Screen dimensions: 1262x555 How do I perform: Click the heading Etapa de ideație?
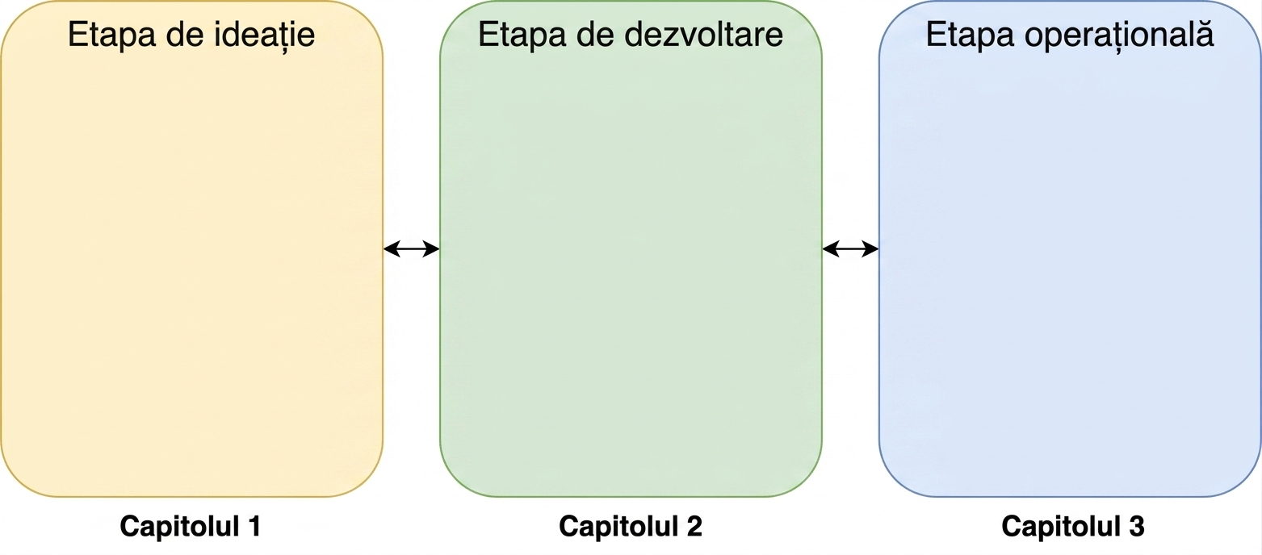click(x=191, y=35)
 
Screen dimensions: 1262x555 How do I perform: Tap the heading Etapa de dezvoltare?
click(x=631, y=35)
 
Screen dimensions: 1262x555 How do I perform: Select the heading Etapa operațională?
click(x=1070, y=35)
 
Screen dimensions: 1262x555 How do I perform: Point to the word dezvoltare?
click(x=704, y=35)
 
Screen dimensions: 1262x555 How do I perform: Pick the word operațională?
click(x=1119, y=35)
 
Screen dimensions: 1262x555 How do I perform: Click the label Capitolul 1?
click(x=191, y=527)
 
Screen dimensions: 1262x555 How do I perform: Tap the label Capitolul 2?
click(x=631, y=527)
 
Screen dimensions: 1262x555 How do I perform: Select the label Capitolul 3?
click(x=1073, y=527)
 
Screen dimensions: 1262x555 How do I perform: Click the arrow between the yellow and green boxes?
click(x=411, y=248)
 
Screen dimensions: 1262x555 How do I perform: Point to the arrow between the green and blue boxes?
click(x=850, y=248)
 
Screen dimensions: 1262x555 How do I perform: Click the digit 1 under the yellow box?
click(x=254, y=526)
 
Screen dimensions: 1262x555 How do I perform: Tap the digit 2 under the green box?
click(x=694, y=526)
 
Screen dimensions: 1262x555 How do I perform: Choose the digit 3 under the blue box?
click(x=1136, y=526)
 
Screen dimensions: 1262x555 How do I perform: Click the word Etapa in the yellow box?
click(x=112, y=35)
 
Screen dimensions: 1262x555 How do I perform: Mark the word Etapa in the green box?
click(x=522, y=35)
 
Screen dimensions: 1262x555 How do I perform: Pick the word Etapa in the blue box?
click(x=971, y=35)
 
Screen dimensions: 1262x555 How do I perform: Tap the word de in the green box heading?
click(x=596, y=35)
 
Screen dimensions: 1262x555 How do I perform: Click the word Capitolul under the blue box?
click(x=1060, y=527)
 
